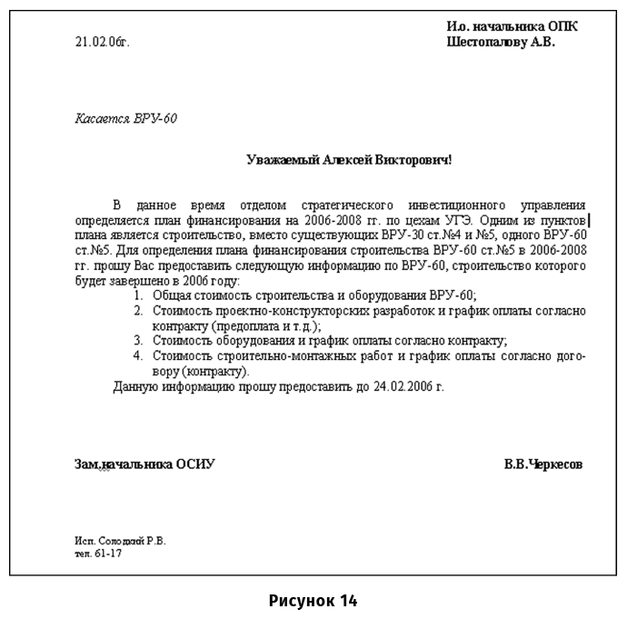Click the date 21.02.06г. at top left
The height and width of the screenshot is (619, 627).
tap(103, 42)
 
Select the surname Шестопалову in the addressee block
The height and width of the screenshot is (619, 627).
tap(487, 42)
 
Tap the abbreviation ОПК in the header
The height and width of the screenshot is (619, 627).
tap(560, 26)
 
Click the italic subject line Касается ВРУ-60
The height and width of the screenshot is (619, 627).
tap(125, 118)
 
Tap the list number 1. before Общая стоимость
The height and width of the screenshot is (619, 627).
tap(138, 295)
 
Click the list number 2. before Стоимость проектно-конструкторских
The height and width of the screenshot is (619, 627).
tap(138, 311)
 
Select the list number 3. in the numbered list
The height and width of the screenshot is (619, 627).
tap(138, 341)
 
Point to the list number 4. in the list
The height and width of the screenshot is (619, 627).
tap(138, 356)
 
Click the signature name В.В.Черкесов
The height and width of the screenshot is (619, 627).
tap(543, 464)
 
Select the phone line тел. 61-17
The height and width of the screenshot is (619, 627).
tap(98, 553)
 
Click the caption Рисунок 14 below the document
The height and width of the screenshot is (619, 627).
tap(313, 601)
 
